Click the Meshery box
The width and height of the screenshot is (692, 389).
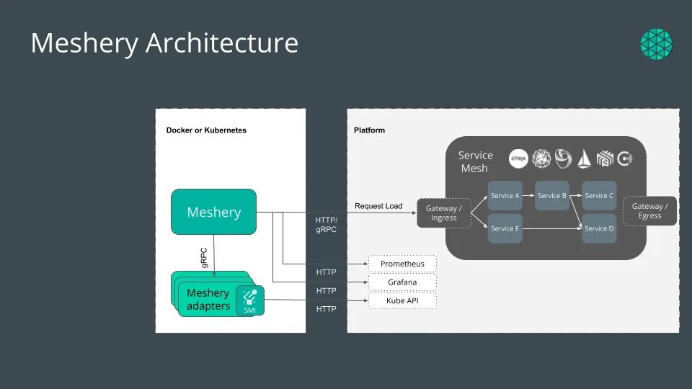point(213,212)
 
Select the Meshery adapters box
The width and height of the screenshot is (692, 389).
point(208,300)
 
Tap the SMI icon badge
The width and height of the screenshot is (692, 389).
point(249,300)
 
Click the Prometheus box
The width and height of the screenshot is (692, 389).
point(402,264)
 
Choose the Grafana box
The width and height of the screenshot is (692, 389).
point(402,282)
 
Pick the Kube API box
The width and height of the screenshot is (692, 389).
point(402,300)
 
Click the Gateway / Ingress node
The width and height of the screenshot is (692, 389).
point(443,213)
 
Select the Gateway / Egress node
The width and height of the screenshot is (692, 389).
point(649,211)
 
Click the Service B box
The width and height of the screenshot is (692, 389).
point(552,196)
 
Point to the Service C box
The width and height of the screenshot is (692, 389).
point(599,196)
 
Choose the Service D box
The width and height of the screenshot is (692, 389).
point(599,228)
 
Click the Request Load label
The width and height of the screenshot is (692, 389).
point(378,206)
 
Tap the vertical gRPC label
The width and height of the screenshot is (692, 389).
point(205,258)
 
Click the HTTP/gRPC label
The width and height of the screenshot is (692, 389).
point(326,224)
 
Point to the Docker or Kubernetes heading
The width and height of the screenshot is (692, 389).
point(206,130)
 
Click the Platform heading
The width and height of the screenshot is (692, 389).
point(369,130)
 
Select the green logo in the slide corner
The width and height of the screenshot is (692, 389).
point(656,44)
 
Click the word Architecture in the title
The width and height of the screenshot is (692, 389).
point(222,43)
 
